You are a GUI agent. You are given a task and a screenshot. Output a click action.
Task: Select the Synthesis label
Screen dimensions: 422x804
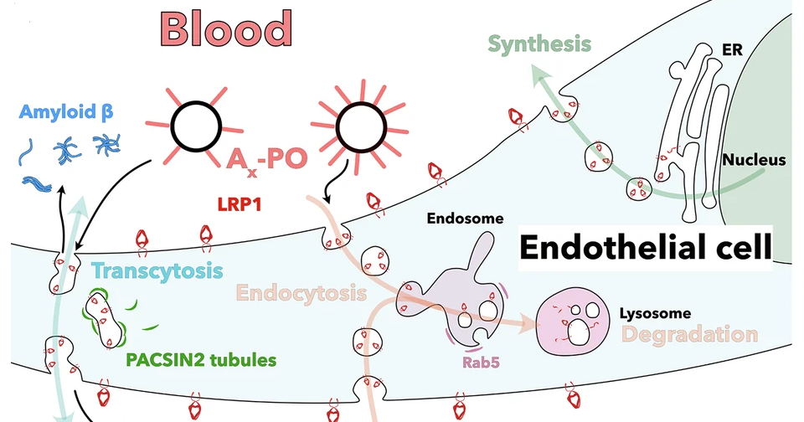click(540, 44)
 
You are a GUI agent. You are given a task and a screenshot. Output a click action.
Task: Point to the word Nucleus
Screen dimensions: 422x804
click(754, 159)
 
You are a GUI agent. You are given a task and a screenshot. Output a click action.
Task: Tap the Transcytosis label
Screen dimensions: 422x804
click(157, 271)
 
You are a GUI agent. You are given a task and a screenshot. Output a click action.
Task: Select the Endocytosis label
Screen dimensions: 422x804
click(301, 293)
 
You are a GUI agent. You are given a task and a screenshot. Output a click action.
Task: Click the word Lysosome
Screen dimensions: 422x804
click(655, 314)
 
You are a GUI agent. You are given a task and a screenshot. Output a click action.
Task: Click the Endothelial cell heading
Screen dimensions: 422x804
click(643, 247)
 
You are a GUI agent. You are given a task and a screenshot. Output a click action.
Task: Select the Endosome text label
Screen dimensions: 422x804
click(465, 219)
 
